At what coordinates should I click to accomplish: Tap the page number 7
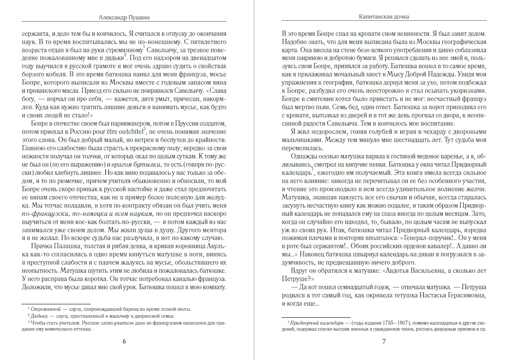coord(384,342)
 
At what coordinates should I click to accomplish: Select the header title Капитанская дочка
coord(384,17)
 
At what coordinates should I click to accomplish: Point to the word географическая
coord(460,42)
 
